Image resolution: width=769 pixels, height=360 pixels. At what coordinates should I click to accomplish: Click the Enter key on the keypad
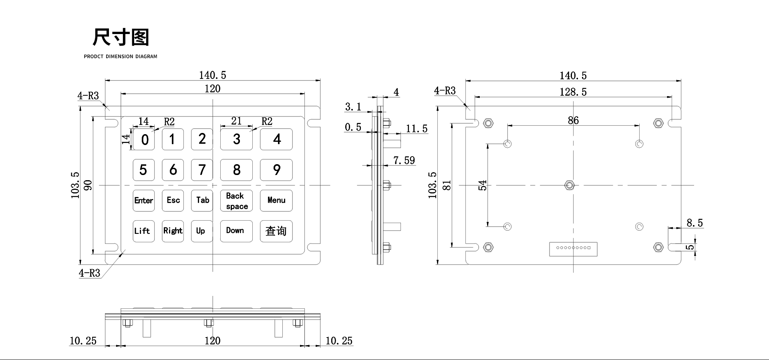143,200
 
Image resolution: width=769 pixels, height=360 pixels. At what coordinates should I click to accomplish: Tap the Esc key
173,200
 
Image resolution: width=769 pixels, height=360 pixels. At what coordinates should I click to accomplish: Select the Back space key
236,200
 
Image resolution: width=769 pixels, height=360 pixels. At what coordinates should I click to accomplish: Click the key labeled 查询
276,231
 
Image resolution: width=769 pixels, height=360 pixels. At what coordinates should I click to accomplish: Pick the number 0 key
143,139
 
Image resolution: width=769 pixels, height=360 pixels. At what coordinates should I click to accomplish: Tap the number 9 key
276,170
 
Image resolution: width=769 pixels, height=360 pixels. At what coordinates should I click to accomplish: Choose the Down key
236,231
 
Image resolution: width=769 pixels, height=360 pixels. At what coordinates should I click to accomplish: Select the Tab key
202,200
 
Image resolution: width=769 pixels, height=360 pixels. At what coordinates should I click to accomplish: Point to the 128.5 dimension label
573,92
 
